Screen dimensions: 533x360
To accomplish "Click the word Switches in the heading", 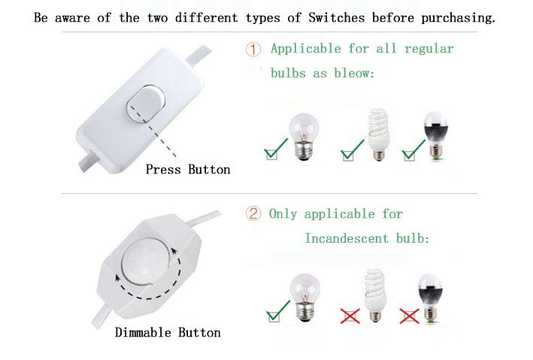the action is pos(337,18).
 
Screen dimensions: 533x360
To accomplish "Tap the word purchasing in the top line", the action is pos(458,18).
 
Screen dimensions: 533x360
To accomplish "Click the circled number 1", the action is pos(253,50).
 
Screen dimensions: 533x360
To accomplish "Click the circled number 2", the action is pos(253,214).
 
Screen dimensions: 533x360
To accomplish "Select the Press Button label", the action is pos(188,169).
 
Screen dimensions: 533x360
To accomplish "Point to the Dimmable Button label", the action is pos(168,332).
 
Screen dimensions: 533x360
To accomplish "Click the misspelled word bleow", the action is pos(354,73).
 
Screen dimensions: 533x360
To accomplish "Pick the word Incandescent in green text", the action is pos(347,238).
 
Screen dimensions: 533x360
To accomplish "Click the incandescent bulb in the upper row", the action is pos(304,137).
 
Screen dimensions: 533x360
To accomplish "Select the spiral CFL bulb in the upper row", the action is pos(378,135).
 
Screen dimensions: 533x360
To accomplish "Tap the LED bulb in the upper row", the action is pos(435,135).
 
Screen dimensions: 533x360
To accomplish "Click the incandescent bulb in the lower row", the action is pos(305,298).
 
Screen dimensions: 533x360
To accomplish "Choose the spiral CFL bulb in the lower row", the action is pos(374,295).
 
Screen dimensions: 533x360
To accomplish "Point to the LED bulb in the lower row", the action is pos(430,298).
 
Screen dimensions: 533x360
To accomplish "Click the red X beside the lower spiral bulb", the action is pos(350,316).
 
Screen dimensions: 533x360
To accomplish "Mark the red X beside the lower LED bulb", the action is pos(409,316).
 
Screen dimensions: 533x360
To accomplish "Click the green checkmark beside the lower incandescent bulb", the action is pos(278,311).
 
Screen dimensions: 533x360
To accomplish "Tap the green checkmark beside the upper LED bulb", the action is pos(413,150).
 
